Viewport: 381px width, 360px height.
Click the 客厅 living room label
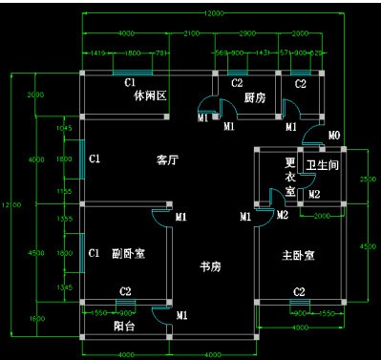[168, 160]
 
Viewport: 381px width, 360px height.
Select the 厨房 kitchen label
[254, 97]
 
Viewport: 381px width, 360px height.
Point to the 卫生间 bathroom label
[323, 165]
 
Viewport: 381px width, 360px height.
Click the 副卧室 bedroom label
[128, 254]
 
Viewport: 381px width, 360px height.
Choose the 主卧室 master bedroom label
[299, 256]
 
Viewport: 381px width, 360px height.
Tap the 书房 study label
[211, 265]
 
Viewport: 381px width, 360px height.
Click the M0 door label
[333, 137]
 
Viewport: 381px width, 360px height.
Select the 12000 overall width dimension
[214, 13]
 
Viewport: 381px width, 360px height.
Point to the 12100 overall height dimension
[10, 204]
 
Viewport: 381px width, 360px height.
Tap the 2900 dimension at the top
[246, 33]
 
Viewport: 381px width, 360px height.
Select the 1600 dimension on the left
[36, 318]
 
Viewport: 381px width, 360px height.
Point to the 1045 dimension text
[65, 127]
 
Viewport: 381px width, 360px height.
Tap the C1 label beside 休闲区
[129, 84]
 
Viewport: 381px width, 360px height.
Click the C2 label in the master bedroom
[299, 291]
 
